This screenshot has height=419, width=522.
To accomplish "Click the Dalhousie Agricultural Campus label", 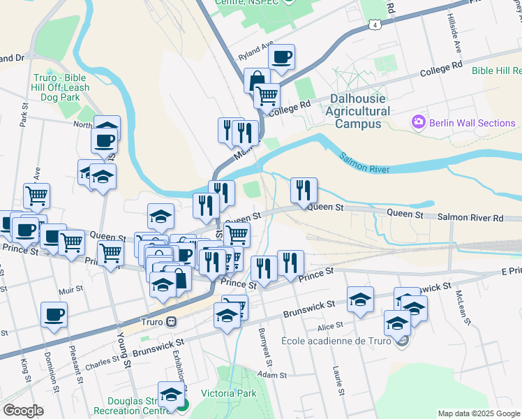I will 358,111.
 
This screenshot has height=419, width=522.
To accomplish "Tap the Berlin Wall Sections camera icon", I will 419,122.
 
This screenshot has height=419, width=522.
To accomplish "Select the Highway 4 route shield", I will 376,25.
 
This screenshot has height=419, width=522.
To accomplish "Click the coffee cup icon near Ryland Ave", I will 281,57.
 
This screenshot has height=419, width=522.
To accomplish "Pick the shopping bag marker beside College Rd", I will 257,80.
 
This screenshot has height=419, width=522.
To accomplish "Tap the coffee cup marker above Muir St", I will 54,314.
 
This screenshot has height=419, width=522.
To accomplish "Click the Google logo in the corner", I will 23,410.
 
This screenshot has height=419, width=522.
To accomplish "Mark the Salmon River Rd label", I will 470,218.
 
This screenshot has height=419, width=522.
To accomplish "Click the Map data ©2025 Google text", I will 478,413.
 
